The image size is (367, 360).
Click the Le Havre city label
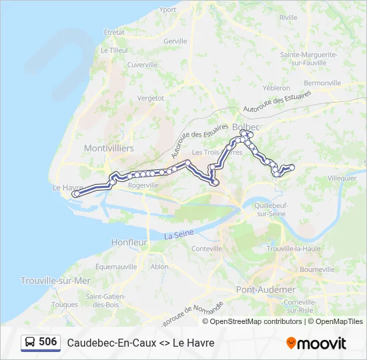[x=66, y=187]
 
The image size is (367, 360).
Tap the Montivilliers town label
[x=109, y=148]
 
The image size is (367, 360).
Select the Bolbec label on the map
[x=246, y=126]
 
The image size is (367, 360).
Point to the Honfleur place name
[x=129, y=243]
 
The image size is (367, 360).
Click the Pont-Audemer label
[x=266, y=289]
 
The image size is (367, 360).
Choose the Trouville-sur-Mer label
[x=55, y=281]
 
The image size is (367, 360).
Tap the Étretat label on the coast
[x=114, y=31]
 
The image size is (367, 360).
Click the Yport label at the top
[x=168, y=9]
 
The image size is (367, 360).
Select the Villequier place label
[x=342, y=178]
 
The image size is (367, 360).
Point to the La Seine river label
[x=179, y=235]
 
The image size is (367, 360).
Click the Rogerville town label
[x=143, y=186]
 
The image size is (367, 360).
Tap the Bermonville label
[x=322, y=83]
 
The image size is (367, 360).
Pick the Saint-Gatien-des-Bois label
[x=103, y=300]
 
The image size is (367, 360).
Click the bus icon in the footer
[x=30, y=342]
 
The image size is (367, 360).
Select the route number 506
[x=48, y=341]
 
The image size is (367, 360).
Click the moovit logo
[x=316, y=343]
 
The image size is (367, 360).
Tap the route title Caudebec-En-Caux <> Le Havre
[x=141, y=343]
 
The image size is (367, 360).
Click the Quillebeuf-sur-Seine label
[x=271, y=209]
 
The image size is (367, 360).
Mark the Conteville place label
[x=206, y=249]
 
